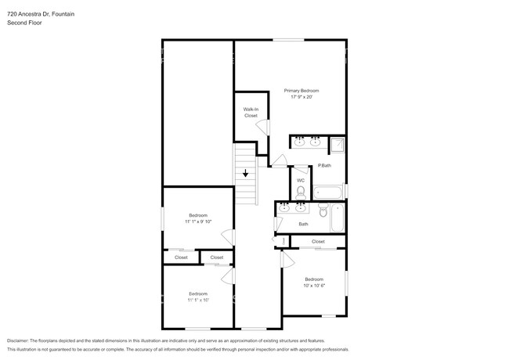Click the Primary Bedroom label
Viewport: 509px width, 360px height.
pyautogui.click(x=301, y=91)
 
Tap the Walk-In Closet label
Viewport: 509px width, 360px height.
pyautogui.click(x=251, y=112)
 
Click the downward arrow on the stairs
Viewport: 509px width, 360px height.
pyautogui.click(x=246, y=173)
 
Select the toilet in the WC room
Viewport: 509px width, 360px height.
pyautogui.click(x=301, y=190)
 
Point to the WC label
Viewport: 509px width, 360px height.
pyautogui.click(x=301, y=180)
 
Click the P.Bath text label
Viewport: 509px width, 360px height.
pyautogui.click(x=323, y=165)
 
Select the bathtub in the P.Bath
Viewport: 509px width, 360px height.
pyautogui.click(x=327, y=192)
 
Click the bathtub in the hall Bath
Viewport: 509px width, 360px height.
pyautogui.click(x=338, y=217)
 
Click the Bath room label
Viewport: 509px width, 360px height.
pyautogui.click(x=303, y=225)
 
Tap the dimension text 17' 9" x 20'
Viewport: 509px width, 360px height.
pyautogui.click(x=301, y=98)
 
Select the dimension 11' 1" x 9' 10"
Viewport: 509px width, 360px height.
pyautogui.click(x=198, y=221)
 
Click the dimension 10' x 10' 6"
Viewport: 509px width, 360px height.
pyautogui.click(x=314, y=286)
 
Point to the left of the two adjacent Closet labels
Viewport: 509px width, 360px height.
pyautogui.click(x=181, y=257)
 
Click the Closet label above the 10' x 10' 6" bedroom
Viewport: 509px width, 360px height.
pyautogui.click(x=318, y=242)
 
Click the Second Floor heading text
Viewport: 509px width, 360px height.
pyautogui.click(x=24, y=23)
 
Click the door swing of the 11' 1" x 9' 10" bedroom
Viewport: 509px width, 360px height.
pyautogui.click(x=226, y=236)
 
